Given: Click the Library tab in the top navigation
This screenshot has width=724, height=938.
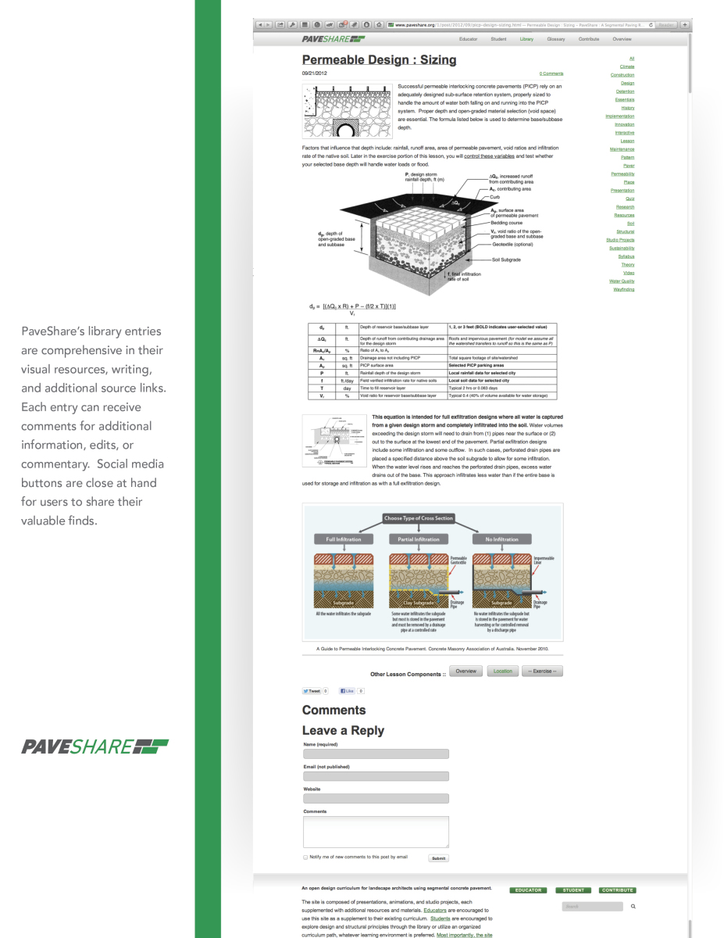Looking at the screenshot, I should (526, 38).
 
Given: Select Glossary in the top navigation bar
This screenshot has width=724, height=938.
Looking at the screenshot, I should (556, 38).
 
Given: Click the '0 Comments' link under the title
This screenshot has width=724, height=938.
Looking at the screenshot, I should (551, 73).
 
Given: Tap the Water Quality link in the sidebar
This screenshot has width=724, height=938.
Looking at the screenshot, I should (622, 281).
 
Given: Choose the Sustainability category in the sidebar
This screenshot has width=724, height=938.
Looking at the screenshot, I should (622, 249).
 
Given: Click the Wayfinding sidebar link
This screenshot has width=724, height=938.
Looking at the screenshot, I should (623, 289).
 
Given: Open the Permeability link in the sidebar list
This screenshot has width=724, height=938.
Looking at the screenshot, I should (622, 174).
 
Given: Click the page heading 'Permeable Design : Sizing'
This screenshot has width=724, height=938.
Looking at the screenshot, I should (379, 59).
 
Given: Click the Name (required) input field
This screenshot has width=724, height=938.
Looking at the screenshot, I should (376, 754).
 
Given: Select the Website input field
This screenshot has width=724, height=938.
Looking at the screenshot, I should (376, 798).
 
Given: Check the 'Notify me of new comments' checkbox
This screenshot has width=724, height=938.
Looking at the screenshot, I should (305, 857).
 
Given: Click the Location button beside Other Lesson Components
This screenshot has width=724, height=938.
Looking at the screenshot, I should (503, 671).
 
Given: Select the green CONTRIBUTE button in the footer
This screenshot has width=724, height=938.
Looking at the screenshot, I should (617, 890).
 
